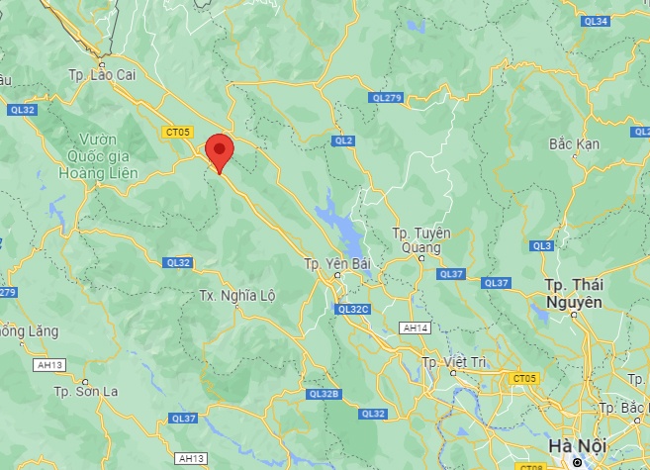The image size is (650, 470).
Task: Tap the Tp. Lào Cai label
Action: pos(101,74)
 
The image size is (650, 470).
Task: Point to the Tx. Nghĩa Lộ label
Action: pos(236,296)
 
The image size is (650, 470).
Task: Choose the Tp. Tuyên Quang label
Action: pos(420,239)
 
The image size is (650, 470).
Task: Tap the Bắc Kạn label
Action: pos(574,144)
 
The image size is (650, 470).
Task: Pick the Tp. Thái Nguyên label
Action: pos(574,292)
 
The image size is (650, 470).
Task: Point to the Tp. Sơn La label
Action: pos(85,391)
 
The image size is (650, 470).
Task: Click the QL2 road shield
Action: pos(343,141)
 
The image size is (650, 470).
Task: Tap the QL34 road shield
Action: pos(596,21)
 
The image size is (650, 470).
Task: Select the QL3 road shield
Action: pos(541,245)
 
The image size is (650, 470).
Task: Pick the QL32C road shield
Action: pos(353,309)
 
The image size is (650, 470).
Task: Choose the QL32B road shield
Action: pos(324,393)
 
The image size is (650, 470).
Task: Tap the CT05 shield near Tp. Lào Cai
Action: pos(177,131)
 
